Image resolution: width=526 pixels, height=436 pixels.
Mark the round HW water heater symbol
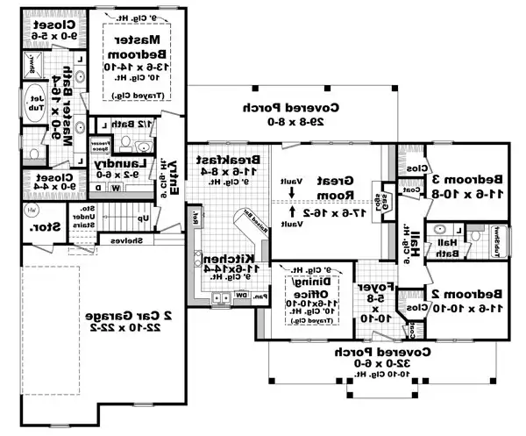[32, 211]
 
